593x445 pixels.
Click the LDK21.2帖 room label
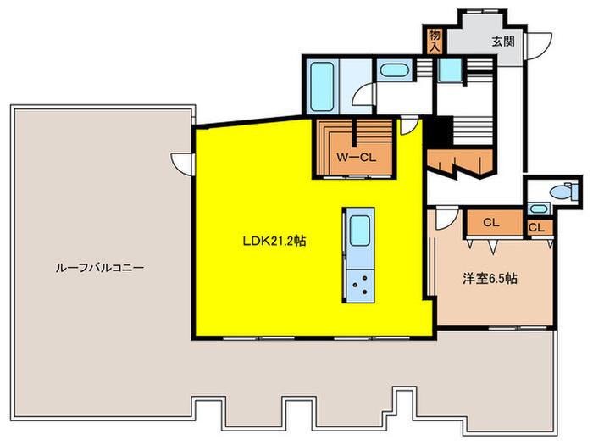(x=274, y=241)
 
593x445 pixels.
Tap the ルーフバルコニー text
(x=100, y=268)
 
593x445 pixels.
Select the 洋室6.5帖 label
(x=490, y=279)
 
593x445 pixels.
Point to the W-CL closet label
(x=357, y=158)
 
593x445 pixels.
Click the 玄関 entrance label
(x=503, y=42)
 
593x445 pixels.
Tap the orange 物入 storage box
(x=435, y=41)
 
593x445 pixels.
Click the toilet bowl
(x=564, y=191)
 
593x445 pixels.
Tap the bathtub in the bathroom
(x=322, y=86)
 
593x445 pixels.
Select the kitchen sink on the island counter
(x=360, y=231)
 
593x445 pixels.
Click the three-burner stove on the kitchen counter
(x=360, y=286)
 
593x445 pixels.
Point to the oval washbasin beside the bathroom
(x=394, y=70)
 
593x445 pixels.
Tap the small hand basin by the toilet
(x=540, y=209)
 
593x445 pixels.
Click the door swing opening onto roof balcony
(x=182, y=164)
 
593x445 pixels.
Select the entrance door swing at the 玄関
(x=540, y=46)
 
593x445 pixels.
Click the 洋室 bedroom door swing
(x=447, y=219)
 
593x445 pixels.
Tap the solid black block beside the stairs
(x=439, y=131)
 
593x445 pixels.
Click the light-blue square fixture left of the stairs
(x=450, y=70)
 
